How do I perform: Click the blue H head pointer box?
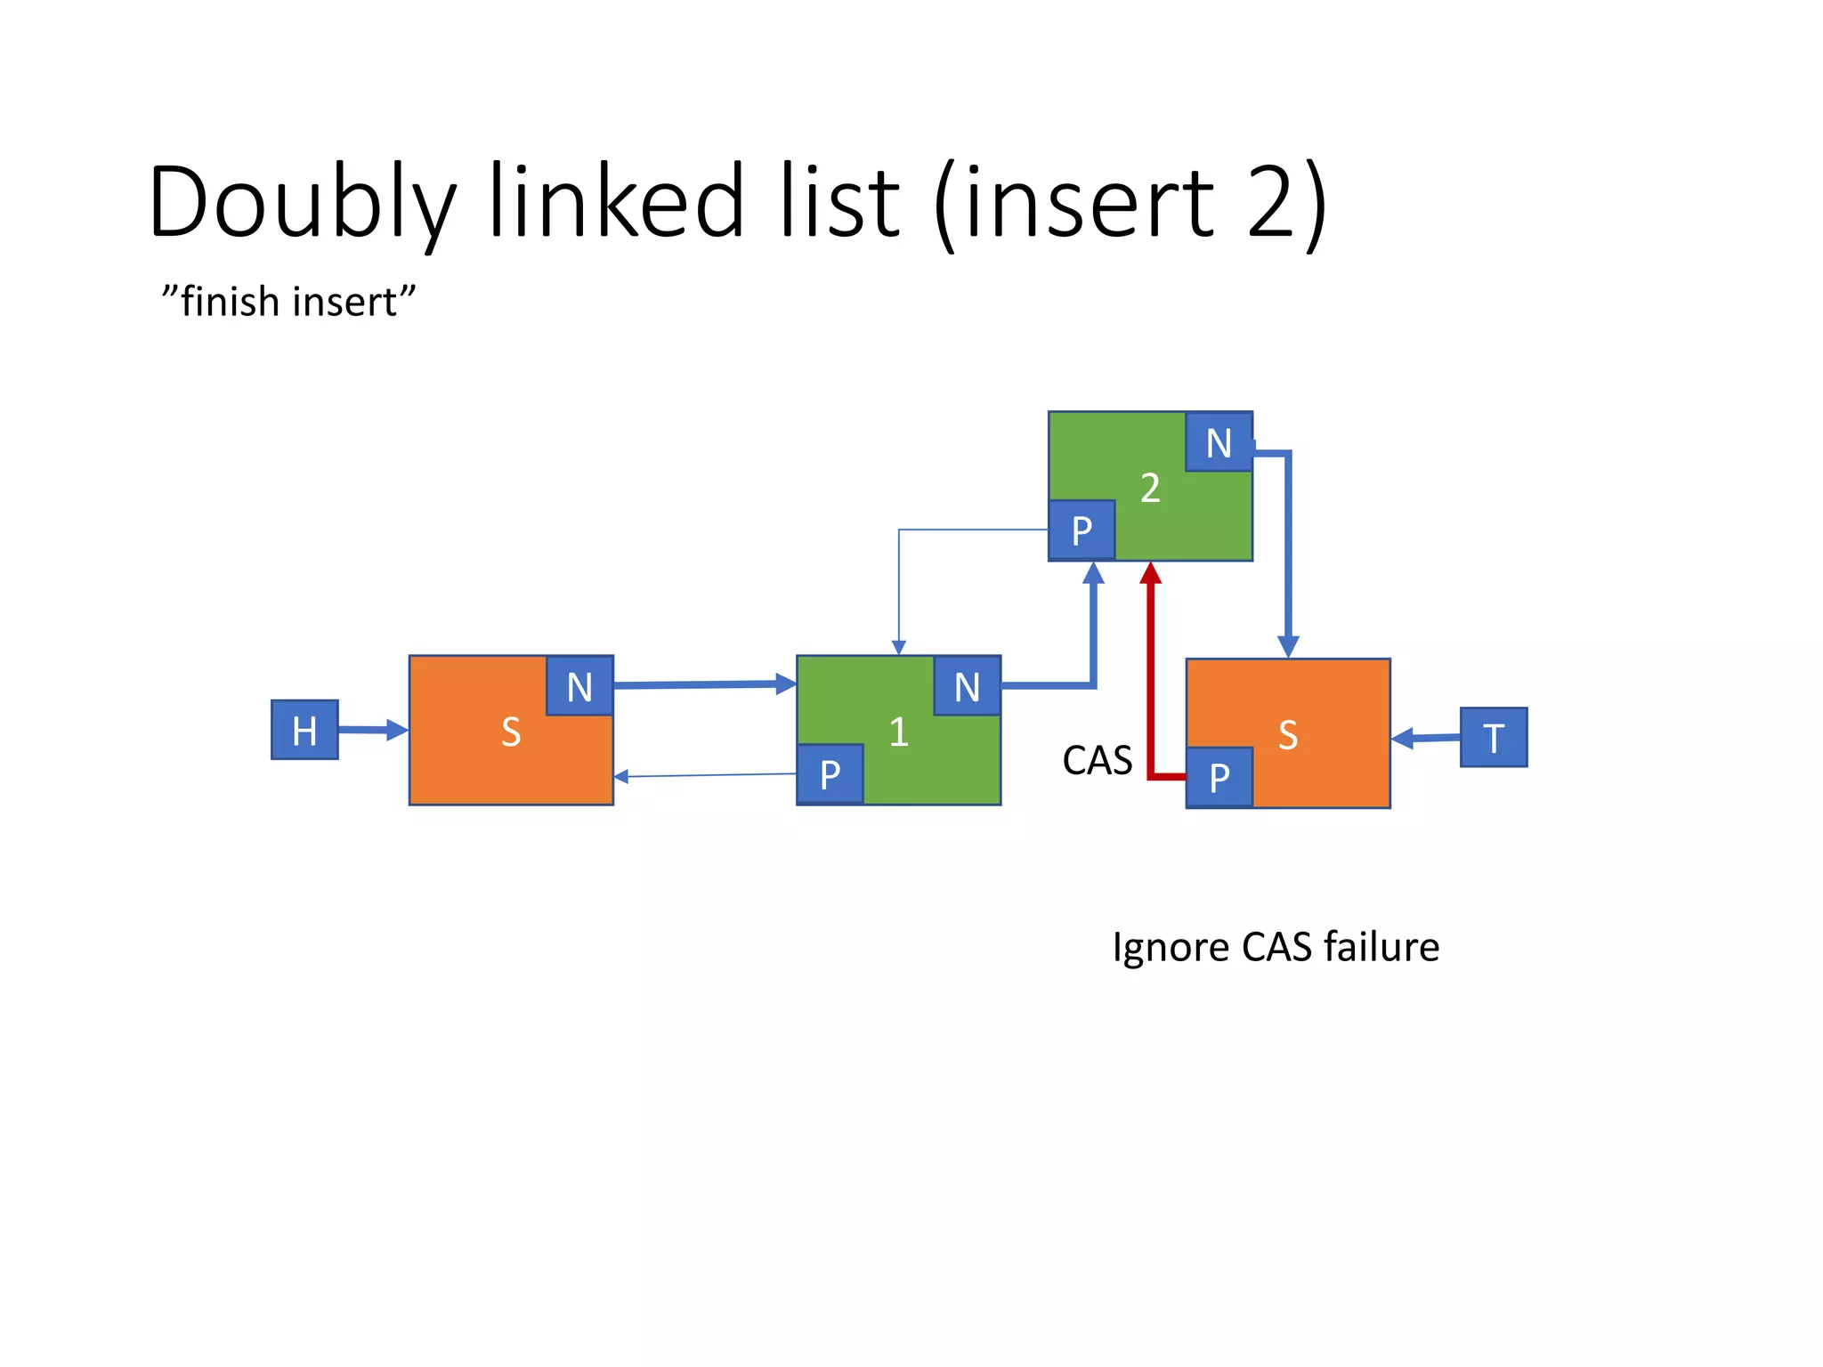(x=304, y=730)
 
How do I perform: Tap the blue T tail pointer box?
(x=1493, y=737)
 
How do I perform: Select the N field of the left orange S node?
(x=579, y=686)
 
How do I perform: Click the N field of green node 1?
(x=967, y=686)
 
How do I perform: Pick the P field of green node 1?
(x=830, y=774)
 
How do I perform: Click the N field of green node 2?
(x=1219, y=442)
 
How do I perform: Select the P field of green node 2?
(x=1082, y=530)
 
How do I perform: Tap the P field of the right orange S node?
(x=1219, y=778)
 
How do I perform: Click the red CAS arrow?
(x=1151, y=676)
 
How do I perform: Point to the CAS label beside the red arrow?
(x=1097, y=761)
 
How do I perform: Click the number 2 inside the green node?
(x=1150, y=488)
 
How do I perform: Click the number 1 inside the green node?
(x=898, y=732)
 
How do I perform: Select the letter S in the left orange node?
(x=510, y=732)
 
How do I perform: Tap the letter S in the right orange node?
(x=1287, y=735)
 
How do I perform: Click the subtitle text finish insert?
(x=288, y=302)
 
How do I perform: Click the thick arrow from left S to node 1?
(x=703, y=684)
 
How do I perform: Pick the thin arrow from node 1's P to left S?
(x=703, y=775)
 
